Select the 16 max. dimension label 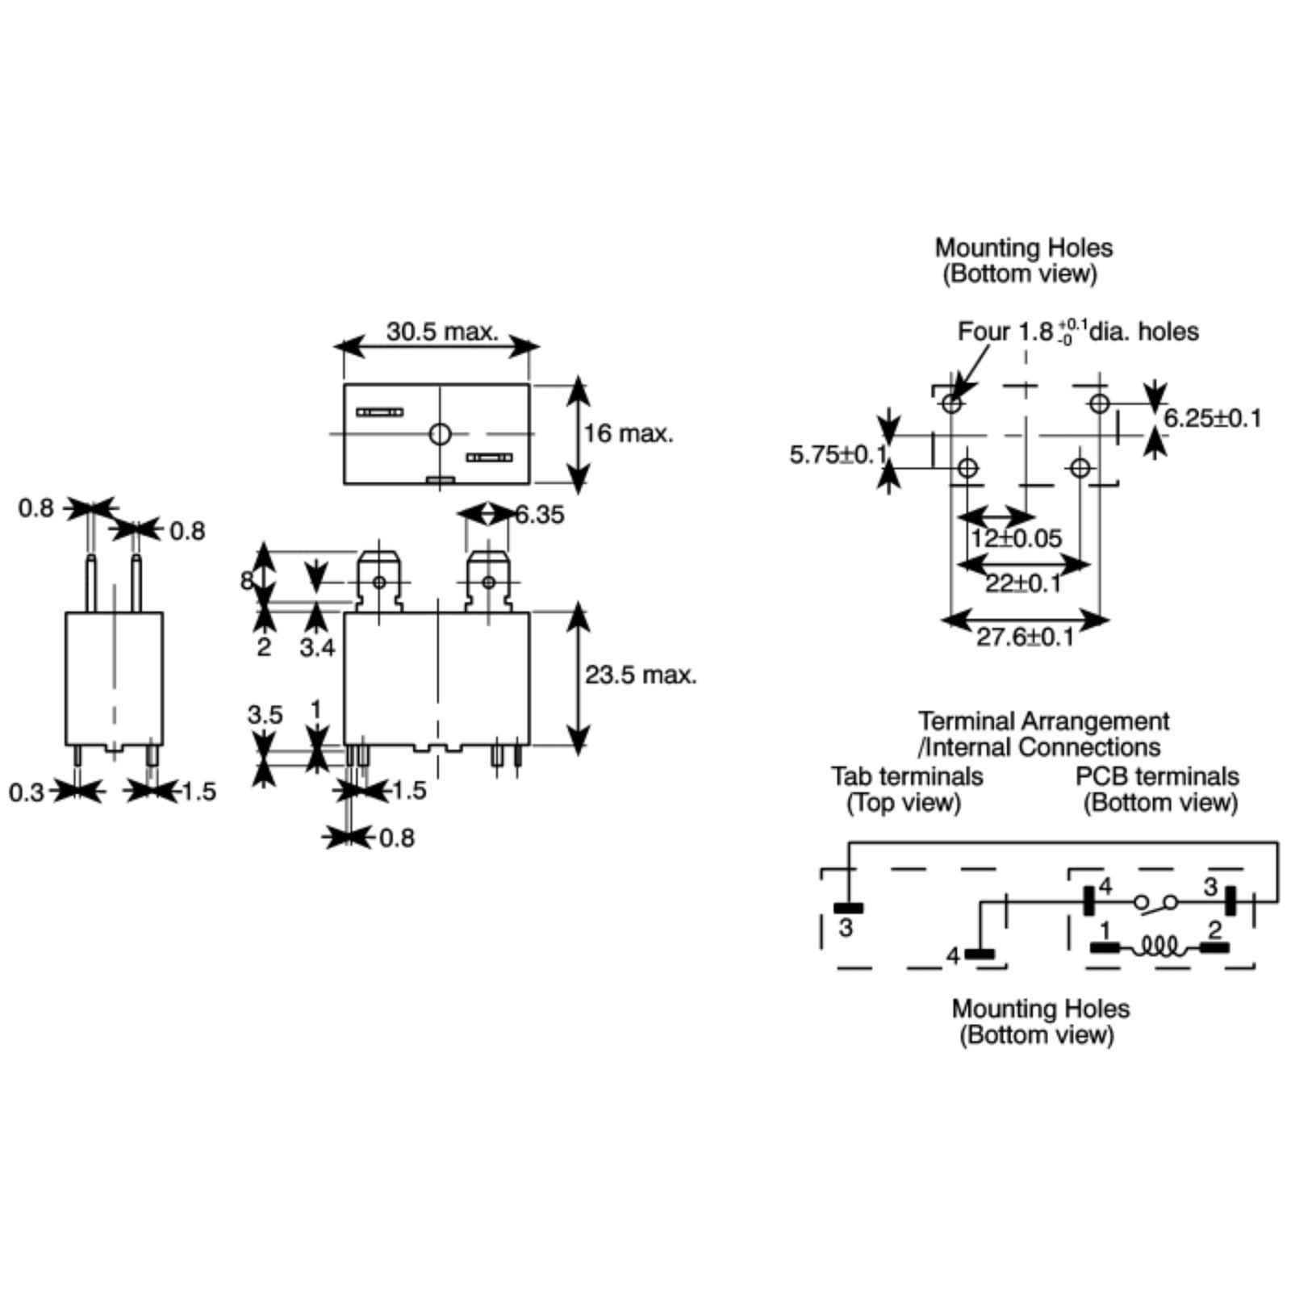point(629,433)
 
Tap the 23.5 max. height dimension point(641,675)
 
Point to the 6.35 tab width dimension point(540,515)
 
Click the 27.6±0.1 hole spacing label point(1026,637)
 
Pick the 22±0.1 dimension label point(1023,583)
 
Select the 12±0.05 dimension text point(1016,538)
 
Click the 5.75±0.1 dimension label point(838,455)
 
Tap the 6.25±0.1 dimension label point(1212,418)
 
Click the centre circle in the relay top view point(440,434)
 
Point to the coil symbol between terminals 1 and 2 point(1159,946)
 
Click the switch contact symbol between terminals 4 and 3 point(1155,903)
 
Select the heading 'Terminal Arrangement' point(1043,721)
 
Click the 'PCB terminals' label point(1157,776)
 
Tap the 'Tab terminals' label point(907,776)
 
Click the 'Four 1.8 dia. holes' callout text point(1078,331)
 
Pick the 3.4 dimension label point(317,647)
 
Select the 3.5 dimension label point(265,715)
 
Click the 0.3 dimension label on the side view point(27,792)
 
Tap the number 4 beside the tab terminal point(954,956)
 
